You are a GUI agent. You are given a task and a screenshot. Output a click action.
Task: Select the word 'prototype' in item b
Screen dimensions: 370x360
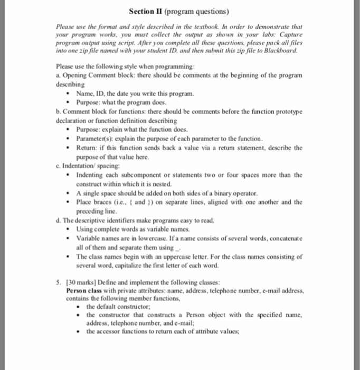coord(286,112)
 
